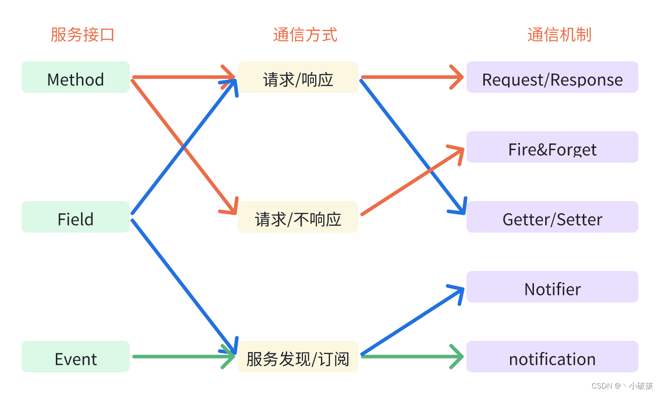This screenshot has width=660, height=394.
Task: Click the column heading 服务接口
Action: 82,35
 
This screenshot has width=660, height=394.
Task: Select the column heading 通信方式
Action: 305,35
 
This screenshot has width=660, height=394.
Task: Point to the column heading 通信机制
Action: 559,35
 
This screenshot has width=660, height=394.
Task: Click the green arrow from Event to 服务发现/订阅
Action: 180,357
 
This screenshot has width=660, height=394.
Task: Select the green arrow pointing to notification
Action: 410,357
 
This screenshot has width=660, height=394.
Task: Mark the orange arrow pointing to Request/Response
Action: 410,77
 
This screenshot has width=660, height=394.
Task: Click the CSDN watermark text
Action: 622,386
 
